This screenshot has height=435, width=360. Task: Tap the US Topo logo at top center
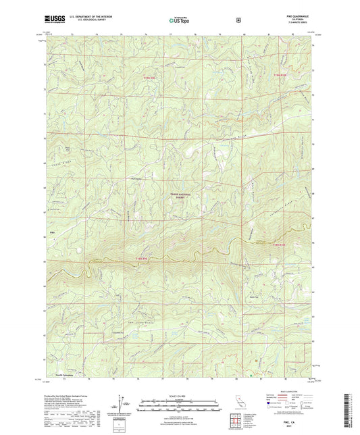pos(178,20)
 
